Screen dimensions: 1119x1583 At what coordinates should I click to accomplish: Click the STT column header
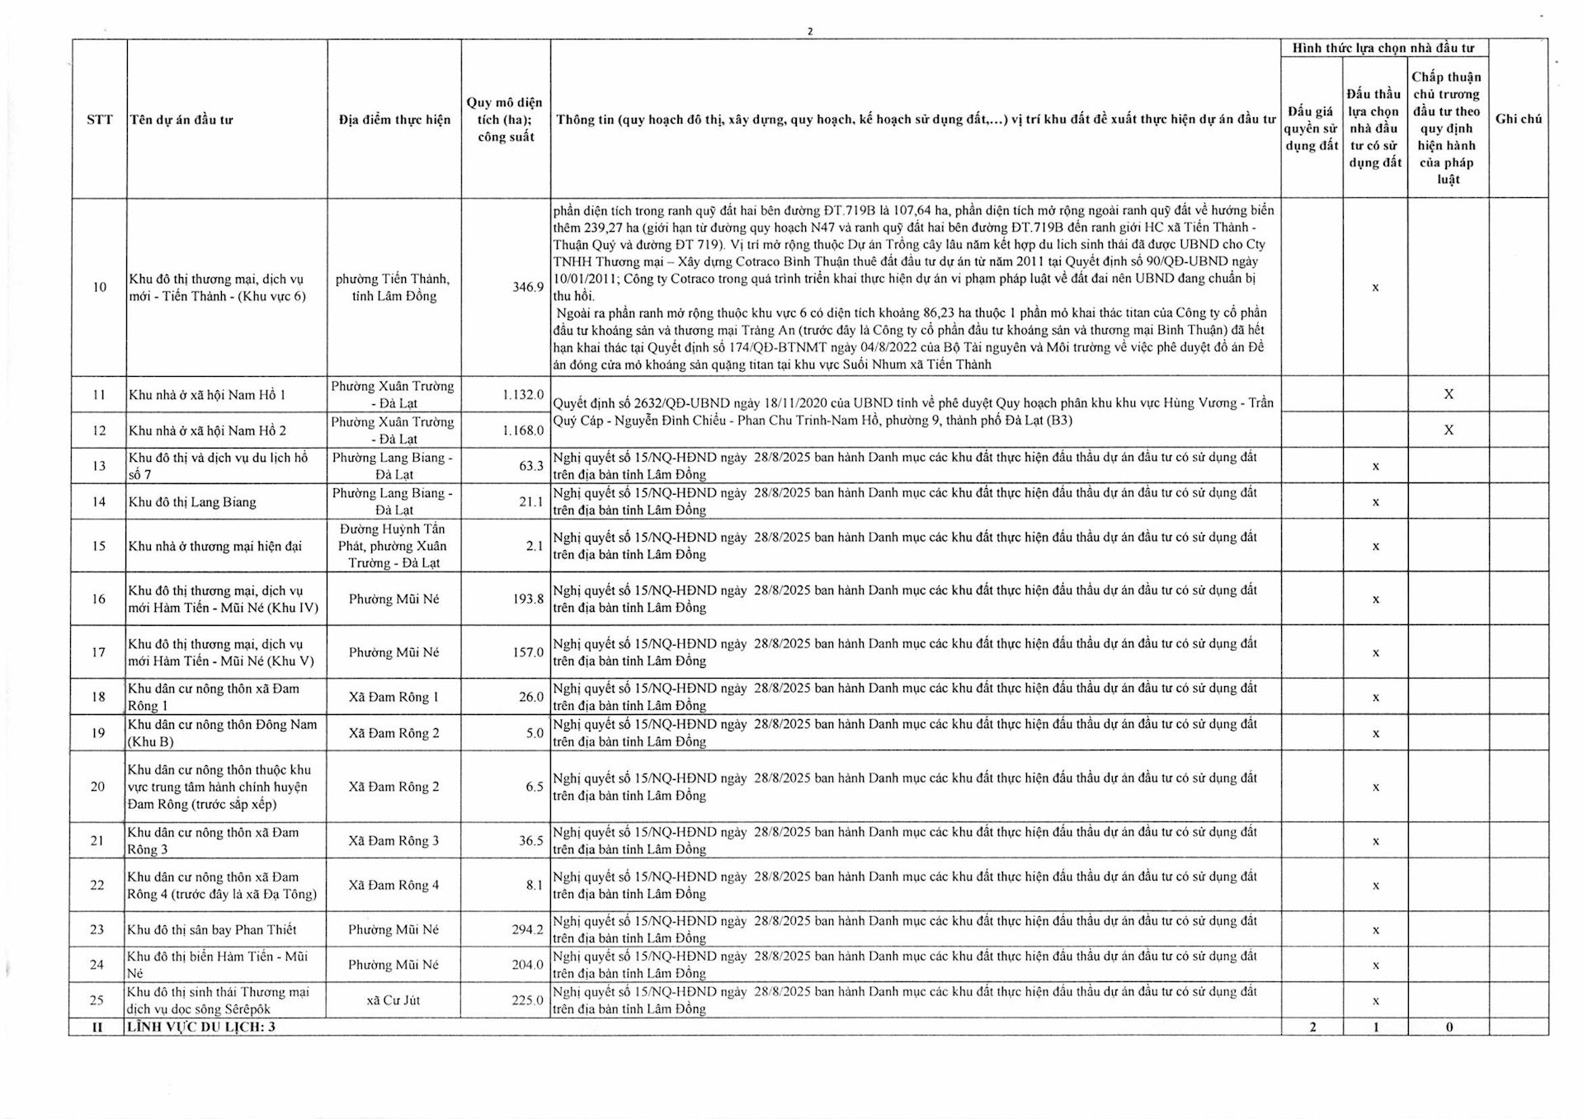point(99,120)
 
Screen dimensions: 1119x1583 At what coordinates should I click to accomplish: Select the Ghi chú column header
point(1518,119)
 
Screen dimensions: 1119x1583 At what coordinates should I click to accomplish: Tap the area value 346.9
point(528,287)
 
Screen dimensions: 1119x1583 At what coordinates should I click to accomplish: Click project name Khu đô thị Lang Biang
point(192,502)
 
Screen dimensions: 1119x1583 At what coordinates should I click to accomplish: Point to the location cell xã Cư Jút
point(393,1000)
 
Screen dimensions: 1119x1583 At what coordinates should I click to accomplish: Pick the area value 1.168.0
point(523,430)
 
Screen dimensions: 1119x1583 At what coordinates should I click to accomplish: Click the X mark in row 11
point(1448,394)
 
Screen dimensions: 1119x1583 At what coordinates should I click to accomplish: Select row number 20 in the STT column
point(97,787)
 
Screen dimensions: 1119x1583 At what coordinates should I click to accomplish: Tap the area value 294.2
point(527,929)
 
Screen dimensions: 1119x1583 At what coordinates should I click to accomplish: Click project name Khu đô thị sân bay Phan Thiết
point(212,929)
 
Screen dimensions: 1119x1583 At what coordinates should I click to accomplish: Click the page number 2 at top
point(810,31)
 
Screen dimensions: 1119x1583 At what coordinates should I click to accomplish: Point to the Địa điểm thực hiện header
point(394,120)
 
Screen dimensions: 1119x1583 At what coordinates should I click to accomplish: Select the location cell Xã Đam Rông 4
point(393,885)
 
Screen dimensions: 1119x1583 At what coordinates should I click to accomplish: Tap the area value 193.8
point(528,599)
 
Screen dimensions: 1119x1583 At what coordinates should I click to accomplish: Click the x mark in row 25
point(1375,1001)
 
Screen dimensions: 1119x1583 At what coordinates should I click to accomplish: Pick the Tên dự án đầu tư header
point(181,120)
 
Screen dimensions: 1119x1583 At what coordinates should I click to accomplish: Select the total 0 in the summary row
point(1449,1027)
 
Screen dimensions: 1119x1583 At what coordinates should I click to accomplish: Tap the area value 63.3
point(530,466)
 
